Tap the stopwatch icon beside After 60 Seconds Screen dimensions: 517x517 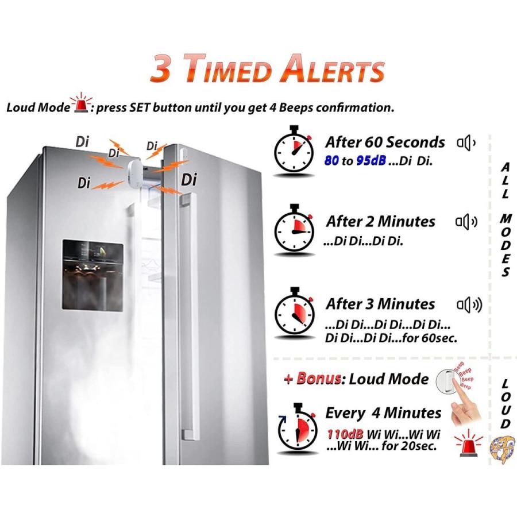(x=294, y=150)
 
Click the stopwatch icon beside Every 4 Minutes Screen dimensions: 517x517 (x=297, y=427)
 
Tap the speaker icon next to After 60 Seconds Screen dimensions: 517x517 (x=466, y=143)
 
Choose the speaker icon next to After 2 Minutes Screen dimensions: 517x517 (x=466, y=222)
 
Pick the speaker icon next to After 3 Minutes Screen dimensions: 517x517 (x=469, y=306)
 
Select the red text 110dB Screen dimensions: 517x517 (x=345, y=434)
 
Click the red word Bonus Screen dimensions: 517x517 (x=319, y=379)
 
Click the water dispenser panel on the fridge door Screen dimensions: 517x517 (x=93, y=275)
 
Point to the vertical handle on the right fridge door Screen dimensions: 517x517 (x=188, y=317)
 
